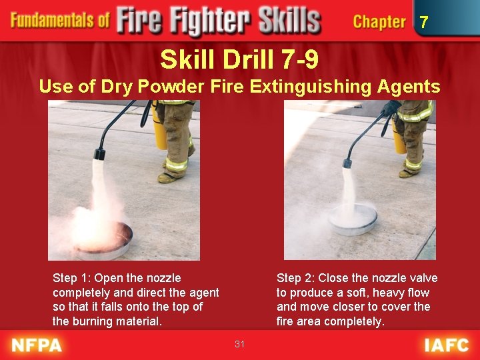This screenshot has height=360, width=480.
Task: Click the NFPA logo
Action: [x=36, y=345]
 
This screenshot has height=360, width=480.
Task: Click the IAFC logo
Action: [x=447, y=345]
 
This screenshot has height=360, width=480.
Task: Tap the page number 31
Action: [x=240, y=344]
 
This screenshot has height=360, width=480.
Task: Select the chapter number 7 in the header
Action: [x=424, y=22]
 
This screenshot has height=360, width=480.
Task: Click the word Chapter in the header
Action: [x=379, y=22]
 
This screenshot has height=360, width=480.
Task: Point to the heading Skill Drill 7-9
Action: [x=239, y=61]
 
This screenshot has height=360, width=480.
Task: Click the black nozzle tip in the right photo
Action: [x=347, y=163]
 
